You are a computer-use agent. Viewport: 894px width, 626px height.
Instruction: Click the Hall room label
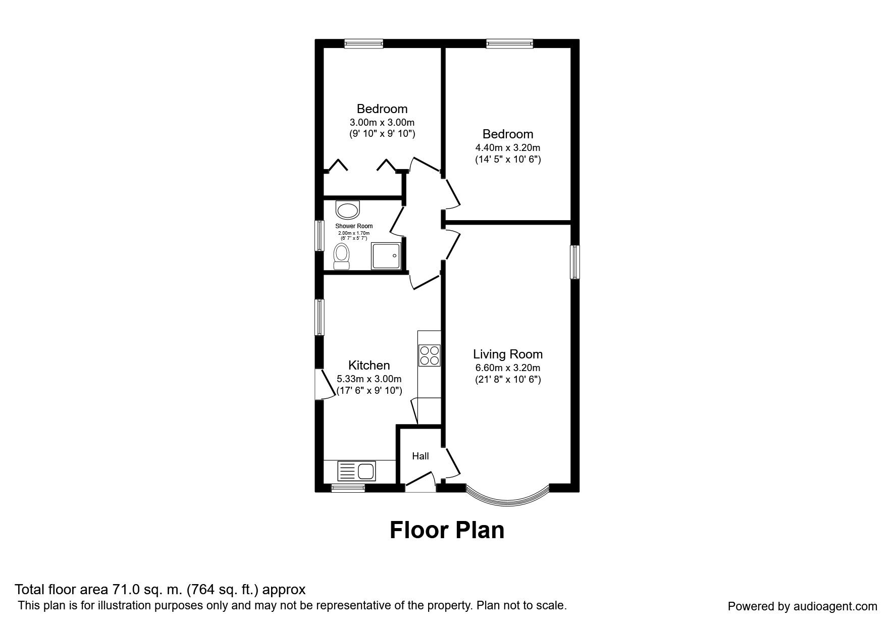[x=420, y=456]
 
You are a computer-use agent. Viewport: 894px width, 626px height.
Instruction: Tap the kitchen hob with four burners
[x=430, y=355]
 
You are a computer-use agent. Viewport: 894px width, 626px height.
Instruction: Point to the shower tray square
[x=386, y=256]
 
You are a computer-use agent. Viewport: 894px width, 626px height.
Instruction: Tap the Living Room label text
[x=507, y=354]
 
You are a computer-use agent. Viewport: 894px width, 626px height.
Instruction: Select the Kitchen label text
[x=369, y=365]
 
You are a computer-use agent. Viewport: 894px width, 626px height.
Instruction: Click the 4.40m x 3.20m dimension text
[x=507, y=148]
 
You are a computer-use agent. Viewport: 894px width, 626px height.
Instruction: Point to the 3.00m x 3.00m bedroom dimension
[x=382, y=122]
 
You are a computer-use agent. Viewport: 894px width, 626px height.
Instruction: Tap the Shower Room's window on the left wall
[x=319, y=235]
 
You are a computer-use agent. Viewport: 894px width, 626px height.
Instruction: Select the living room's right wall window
[x=575, y=262]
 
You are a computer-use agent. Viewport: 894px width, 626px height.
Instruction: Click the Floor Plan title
[x=447, y=530]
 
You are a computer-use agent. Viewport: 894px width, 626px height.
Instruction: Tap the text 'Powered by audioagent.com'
[x=802, y=606]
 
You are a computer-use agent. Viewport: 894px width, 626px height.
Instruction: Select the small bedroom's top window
[x=363, y=44]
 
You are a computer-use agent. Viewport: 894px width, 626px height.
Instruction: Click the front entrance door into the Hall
[x=420, y=484]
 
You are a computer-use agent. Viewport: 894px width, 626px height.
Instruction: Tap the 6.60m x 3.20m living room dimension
[x=507, y=368]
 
